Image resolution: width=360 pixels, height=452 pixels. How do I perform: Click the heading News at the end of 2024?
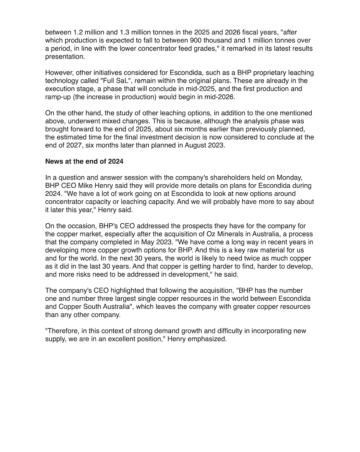point(84,161)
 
